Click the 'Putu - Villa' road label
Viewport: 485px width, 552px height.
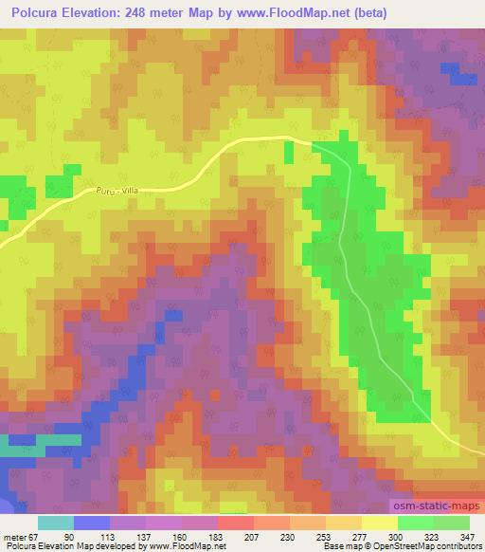pyautogui.click(x=116, y=191)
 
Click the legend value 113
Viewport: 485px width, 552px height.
pyautogui.click(x=125, y=536)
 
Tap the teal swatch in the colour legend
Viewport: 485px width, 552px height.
pyautogui.click(x=56, y=523)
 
